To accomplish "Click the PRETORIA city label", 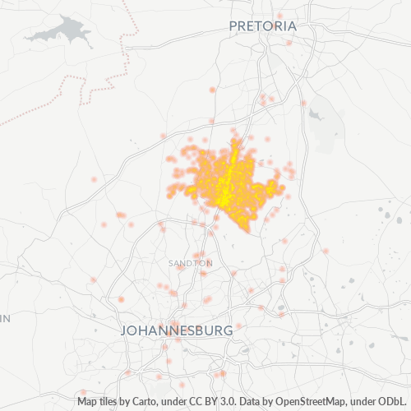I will click(262, 26).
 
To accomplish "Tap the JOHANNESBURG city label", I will click(177, 330).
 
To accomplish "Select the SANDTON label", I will click(190, 263).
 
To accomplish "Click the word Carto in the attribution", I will click(141, 402).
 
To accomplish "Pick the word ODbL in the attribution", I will click(392, 402).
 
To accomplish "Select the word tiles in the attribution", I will click(111, 402).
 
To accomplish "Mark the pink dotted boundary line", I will click(123, 49).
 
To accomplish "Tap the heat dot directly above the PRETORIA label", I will click(279, 15).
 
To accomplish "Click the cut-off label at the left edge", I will click(4, 317).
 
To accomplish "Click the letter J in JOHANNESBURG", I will click(125, 330).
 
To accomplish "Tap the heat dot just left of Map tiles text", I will click(83, 394).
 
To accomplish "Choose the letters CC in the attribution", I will click(186, 402).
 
